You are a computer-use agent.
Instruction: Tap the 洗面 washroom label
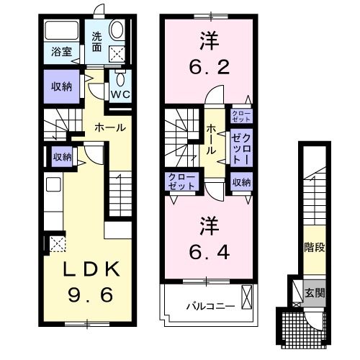(x=96, y=43)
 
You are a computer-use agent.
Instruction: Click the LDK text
(x=83, y=269)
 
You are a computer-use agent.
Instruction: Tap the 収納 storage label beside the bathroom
(x=60, y=86)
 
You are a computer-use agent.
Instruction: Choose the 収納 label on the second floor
(x=241, y=181)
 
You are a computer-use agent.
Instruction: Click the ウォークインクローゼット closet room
(x=240, y=148)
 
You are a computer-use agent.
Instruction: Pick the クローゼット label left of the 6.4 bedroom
(x=181, y=181)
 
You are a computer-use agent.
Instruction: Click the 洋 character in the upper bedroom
(x=207, y=39)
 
